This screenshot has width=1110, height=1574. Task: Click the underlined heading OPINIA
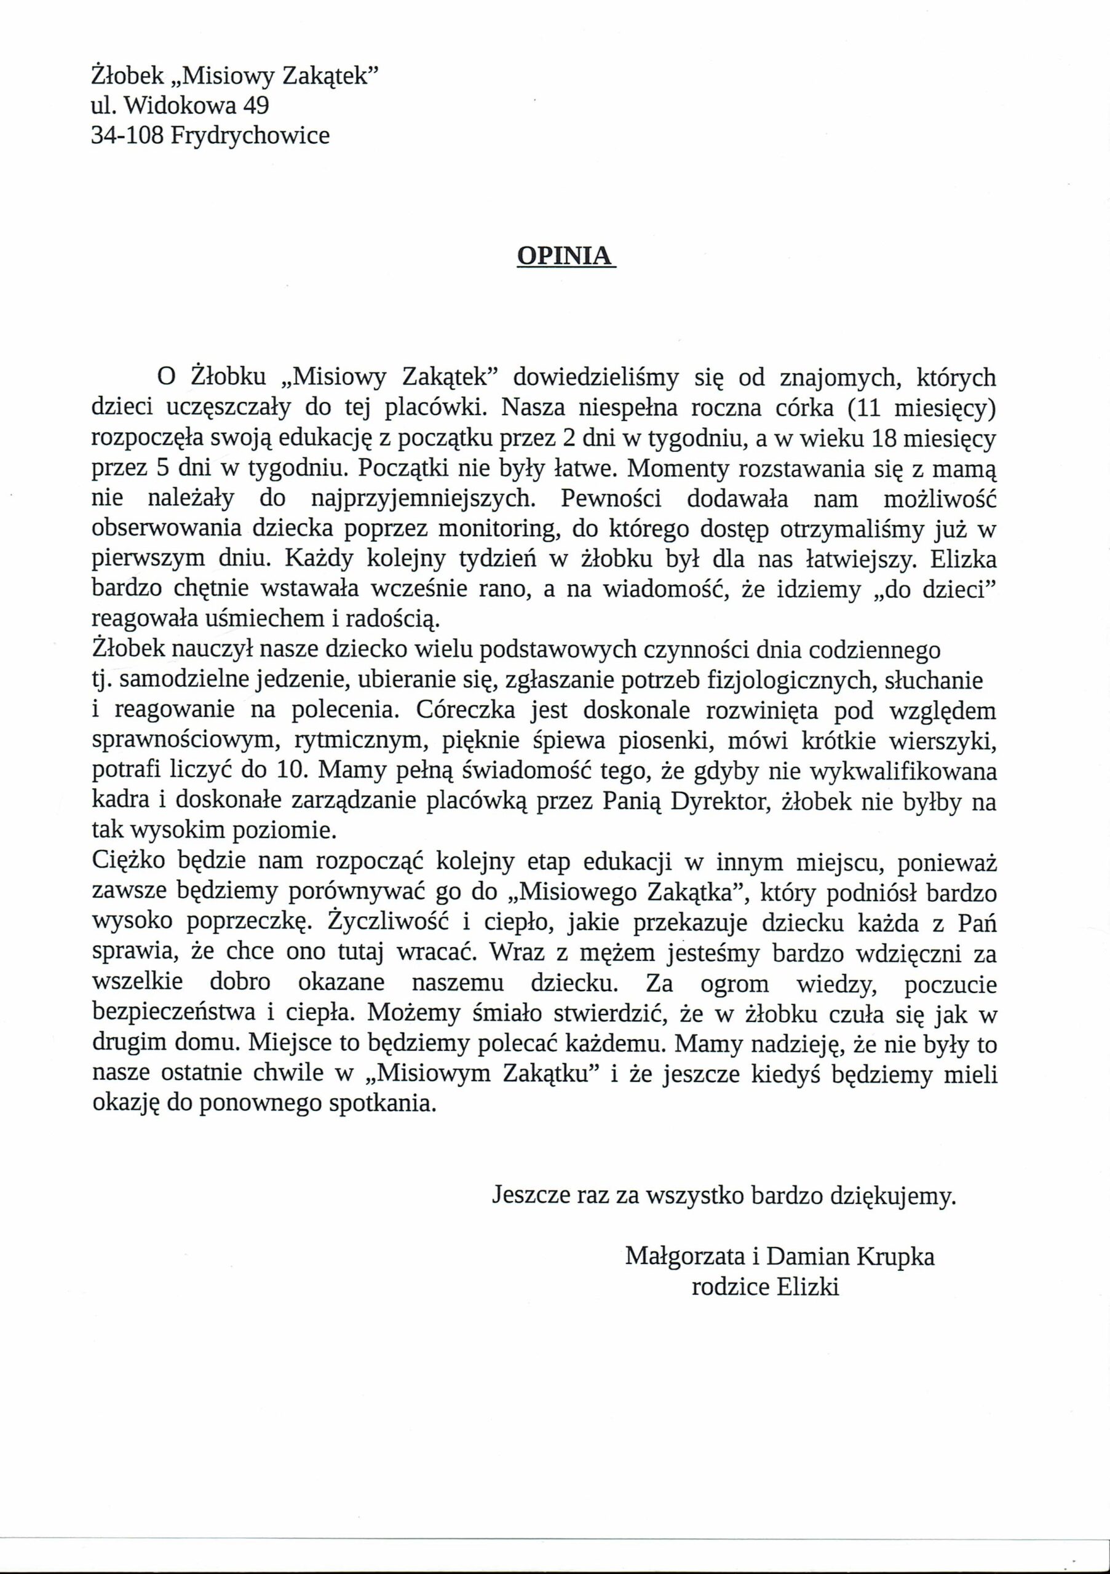(x=566, y=255)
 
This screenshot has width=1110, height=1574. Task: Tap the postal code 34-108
(x=127, y=135)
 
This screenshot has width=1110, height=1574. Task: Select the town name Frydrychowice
(x=250, y=136)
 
